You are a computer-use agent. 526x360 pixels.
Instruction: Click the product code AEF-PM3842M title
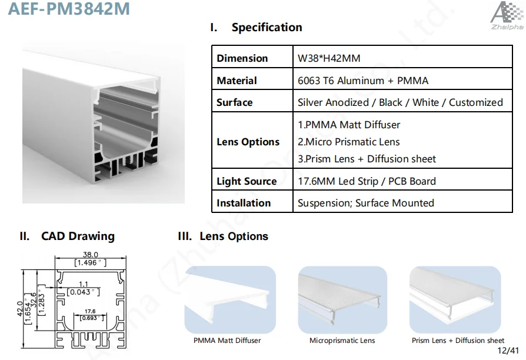pyautogui.click(x=69, y=8)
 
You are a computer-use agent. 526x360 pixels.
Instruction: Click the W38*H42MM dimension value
pyautogui.click(x=329, y=58)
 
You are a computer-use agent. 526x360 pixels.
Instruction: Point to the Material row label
pyautogui.click(x=237, y=81)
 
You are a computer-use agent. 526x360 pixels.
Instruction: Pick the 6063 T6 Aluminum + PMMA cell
pyautogui.click(x=363, y=81)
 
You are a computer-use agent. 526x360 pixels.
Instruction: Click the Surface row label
pyautogui.click(x=235, y=102)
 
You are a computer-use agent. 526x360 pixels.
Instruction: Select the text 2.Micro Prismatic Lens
pyautogui.click(x=348, y=142)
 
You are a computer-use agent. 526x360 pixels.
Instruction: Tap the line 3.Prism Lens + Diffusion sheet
pyautogui.click(x=367, y=159)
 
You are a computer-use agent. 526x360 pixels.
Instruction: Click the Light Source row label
pyautogui.click(x=247, y=181)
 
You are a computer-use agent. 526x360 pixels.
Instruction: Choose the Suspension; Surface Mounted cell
pyautogui.click(x=365, y=203)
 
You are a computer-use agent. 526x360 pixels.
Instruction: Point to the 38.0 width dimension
pyautogui.click(x=90, y=255)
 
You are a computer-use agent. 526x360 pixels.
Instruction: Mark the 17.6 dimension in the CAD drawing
pyautogui.click(x=90, y=311)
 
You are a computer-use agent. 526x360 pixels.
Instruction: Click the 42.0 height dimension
pyautogui.click(x=20, y=309)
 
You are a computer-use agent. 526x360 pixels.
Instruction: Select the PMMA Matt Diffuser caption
pyautogui.click(x=227, y=341)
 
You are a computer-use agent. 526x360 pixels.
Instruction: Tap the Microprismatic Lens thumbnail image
pyautogui.click(x=342, y=299)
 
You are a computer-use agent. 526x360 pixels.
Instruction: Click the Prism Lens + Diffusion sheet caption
pyautogui.click(x=458, y=341)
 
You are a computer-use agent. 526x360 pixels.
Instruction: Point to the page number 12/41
pyautogui.click(x=508, y=351)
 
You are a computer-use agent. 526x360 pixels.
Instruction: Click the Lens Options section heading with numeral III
pyautogui.click(x=223, y=236)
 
